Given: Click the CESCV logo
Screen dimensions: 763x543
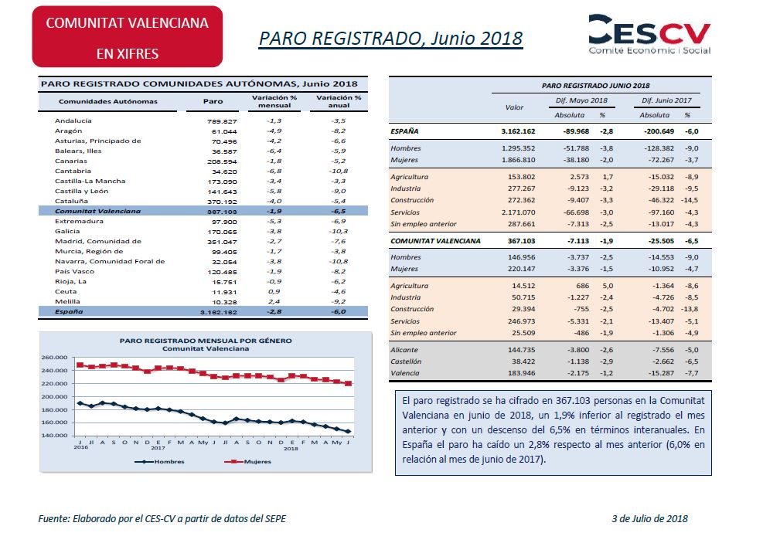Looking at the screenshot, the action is pyautogui.click(x=649, y=34).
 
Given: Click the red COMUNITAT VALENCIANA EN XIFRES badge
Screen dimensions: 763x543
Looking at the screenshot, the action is pyautogui.click(x=128, y=37).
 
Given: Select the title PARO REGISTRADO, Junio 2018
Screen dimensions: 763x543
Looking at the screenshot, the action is pyautogui.click(x=390, y=39).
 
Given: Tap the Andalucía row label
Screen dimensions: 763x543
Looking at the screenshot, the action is pyautogui.click(x=73, y=120).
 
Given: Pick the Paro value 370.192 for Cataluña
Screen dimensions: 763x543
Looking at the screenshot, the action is pyautogui.click(x=222, y=202).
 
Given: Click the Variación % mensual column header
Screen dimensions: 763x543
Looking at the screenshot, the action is pyautogui.click(x=274, y=101).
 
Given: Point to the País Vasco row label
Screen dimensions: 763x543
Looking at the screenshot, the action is pyautogui.click(x=74, y=272).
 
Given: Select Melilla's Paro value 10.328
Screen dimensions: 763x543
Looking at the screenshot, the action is pyautogui.click(x=224, y=302).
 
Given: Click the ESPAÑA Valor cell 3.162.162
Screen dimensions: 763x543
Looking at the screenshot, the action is pyautogui.click(x=518, y=131).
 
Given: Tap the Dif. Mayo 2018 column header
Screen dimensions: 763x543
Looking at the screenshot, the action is pyautogui.click(x=581, y=100).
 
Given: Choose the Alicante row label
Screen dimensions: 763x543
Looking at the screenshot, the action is pyautogui.click(x=404, y=350).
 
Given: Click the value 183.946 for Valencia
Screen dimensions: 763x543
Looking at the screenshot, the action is pyautogui.click(x=522, y=373).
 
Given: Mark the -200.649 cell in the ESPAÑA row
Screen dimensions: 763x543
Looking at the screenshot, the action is pyautogui.click(x=659, y=131).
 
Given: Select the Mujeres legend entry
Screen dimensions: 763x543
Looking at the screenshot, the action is pyautogui.click(x=247, y=461).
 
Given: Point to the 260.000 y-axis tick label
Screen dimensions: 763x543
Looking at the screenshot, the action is pyautogui.click(x=54, y=358).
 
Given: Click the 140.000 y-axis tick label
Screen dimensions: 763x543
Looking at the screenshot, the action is pyautogui.click(x=54, y=436).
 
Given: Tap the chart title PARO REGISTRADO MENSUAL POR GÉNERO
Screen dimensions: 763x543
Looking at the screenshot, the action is pyautogui.click(x=206, y=341).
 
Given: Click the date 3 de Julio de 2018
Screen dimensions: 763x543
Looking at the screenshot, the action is pyautogui.click(x=649, y=519).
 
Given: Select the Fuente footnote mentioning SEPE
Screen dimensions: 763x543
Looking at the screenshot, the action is pyautogui.click(x=162, y=519).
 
